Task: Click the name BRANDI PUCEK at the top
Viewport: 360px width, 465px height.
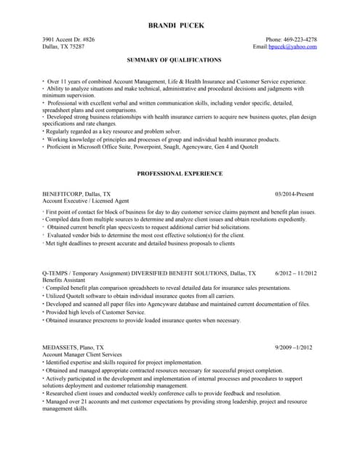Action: point(176,25)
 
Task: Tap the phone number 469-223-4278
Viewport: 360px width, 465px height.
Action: point(299,39)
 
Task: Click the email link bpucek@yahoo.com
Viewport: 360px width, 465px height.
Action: point(293,46)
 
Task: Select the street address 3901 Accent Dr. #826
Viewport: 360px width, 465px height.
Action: point(68,39)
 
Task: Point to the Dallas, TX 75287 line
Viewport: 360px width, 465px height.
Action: point(63,46)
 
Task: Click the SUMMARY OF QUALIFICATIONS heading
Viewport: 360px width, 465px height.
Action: point(175,60)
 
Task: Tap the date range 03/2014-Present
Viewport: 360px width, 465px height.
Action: point(295,195)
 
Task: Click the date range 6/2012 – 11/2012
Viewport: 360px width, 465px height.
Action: point(296,273)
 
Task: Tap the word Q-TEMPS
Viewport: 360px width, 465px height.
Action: point(58,273)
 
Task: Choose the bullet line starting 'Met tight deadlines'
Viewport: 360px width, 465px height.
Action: point(140,244)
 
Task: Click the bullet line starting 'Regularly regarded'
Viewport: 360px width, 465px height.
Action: point(113,132)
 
